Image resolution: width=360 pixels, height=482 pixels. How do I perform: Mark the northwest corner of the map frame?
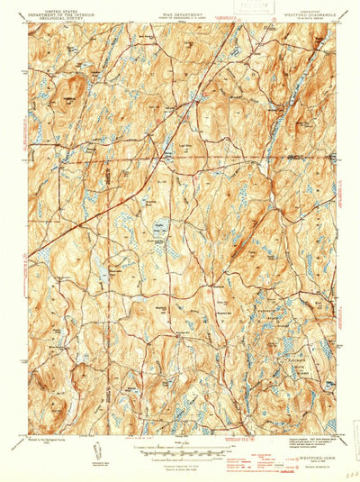pos(29,23)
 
